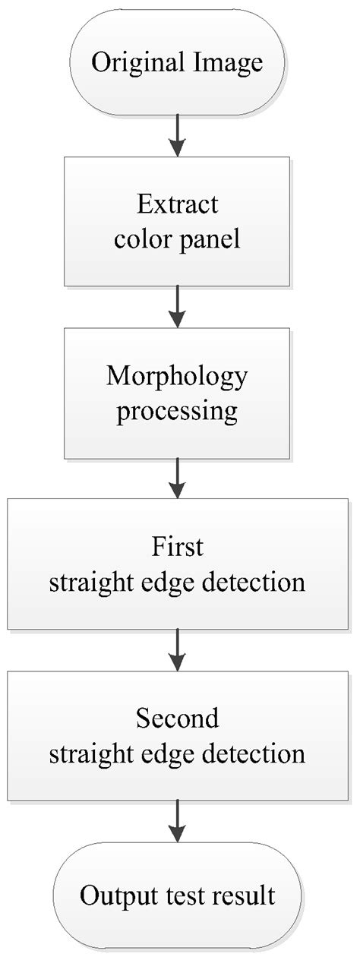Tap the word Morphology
coord(178,377)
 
